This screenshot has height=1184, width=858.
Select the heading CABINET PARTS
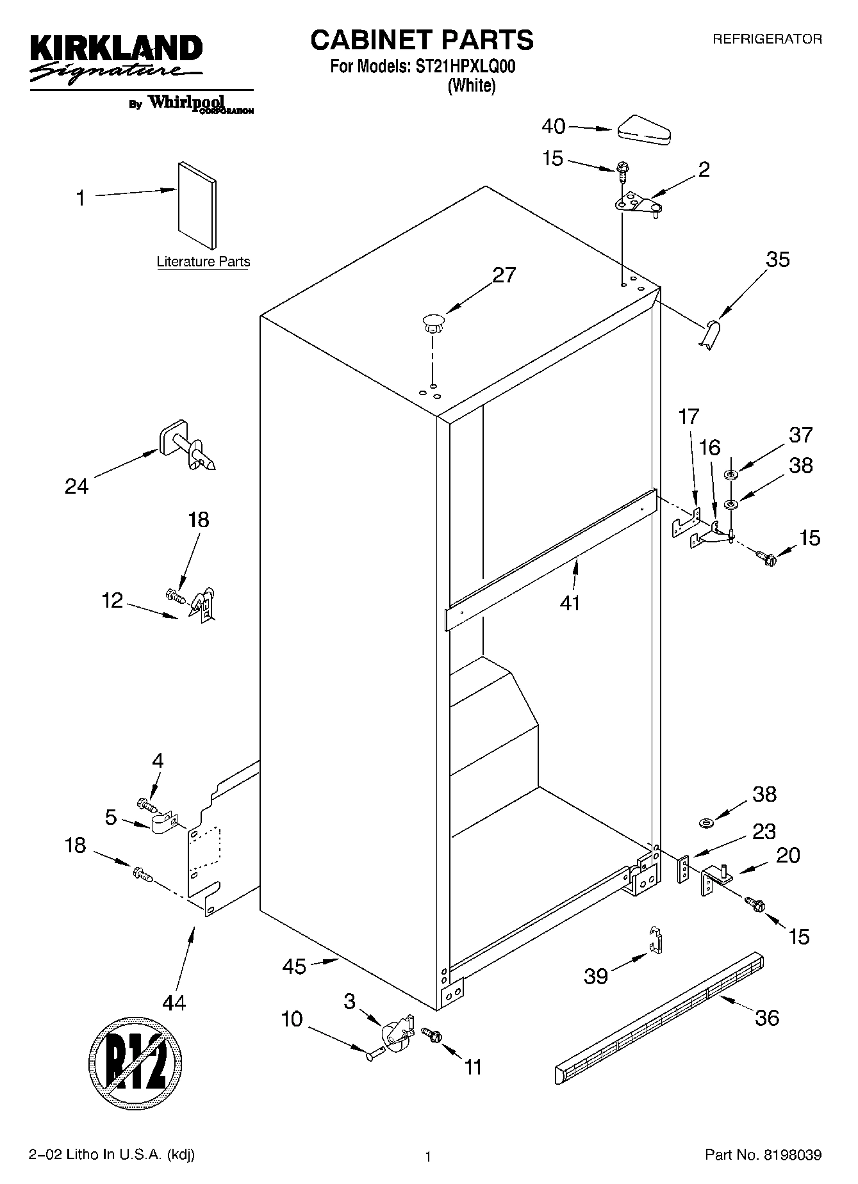click(422, 40)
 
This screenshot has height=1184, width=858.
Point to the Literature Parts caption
click(203, 262)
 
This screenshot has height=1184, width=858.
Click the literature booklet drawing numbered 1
click(197, 204)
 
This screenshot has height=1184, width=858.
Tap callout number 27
click(504, 275)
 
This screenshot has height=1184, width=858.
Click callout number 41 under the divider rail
click(570, 603)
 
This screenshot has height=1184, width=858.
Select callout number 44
click(174, 1002)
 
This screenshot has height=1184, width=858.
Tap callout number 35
click(778, 260)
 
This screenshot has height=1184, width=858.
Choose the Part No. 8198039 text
click(763, 1155)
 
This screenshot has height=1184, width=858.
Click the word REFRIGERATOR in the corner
click(767, 39)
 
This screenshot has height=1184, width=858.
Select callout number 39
click(595, 976)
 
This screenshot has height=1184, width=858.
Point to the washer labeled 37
click(730, 474)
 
